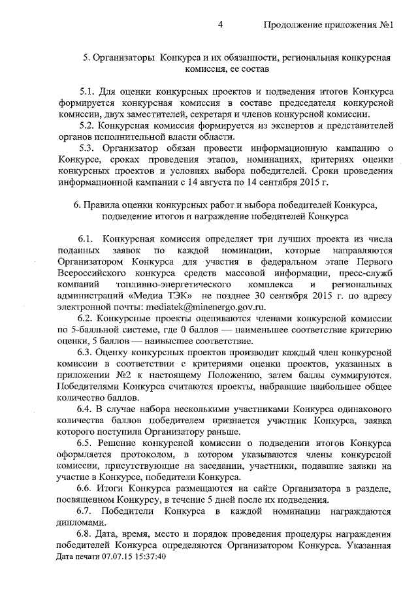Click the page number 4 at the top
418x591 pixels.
221,25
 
